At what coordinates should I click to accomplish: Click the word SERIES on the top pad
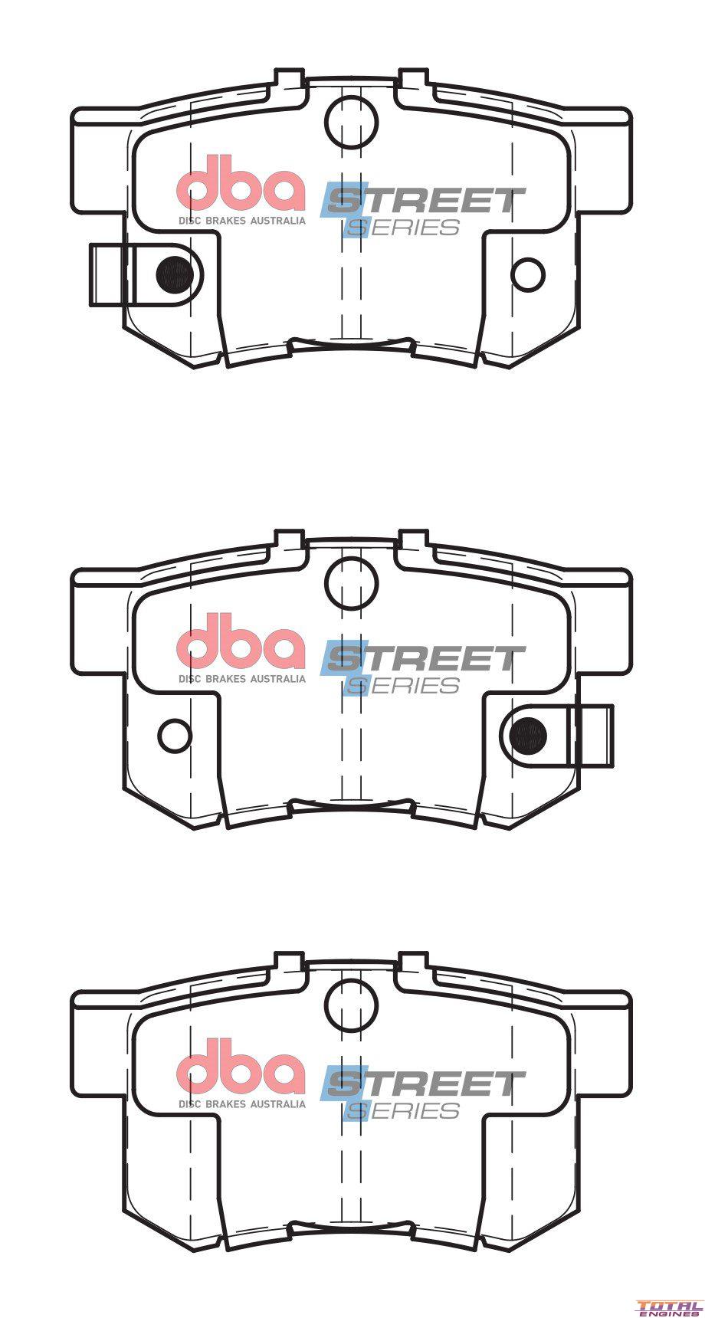click(403, 228)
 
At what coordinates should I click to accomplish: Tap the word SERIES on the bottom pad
click(403, 1110)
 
